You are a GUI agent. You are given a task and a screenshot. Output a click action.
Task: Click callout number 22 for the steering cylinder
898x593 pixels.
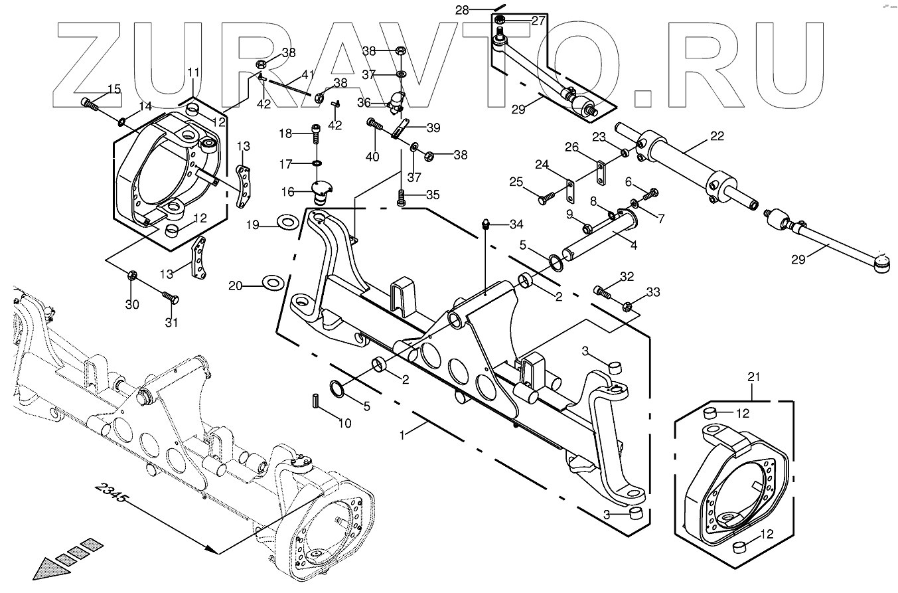[717, 136]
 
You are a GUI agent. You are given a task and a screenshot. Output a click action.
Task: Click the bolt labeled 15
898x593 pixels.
[89, 103]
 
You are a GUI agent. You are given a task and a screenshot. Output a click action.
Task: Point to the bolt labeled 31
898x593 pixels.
[171, 299]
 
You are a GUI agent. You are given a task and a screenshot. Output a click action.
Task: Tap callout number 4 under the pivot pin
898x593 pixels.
[633, 245]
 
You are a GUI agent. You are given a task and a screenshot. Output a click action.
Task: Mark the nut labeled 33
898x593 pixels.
[628, 306]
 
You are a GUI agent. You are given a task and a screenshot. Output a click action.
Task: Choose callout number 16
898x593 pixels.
[288, 192]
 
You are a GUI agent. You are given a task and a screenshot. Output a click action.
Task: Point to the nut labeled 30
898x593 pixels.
[132, 276]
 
